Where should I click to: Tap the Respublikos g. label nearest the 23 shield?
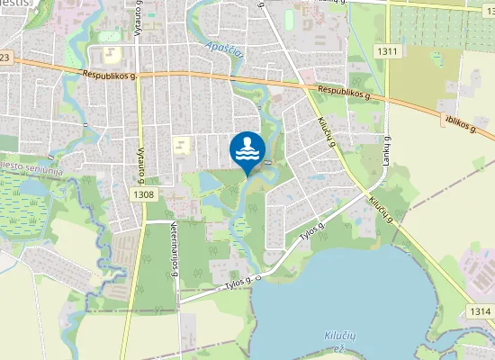(x=108, y=76)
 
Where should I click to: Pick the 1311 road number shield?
(x=388, y=51)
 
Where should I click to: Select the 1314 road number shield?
(x=480, y=311)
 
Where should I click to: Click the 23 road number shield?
(x=5, y=58)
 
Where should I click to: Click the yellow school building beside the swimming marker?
(x=182, y=144)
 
